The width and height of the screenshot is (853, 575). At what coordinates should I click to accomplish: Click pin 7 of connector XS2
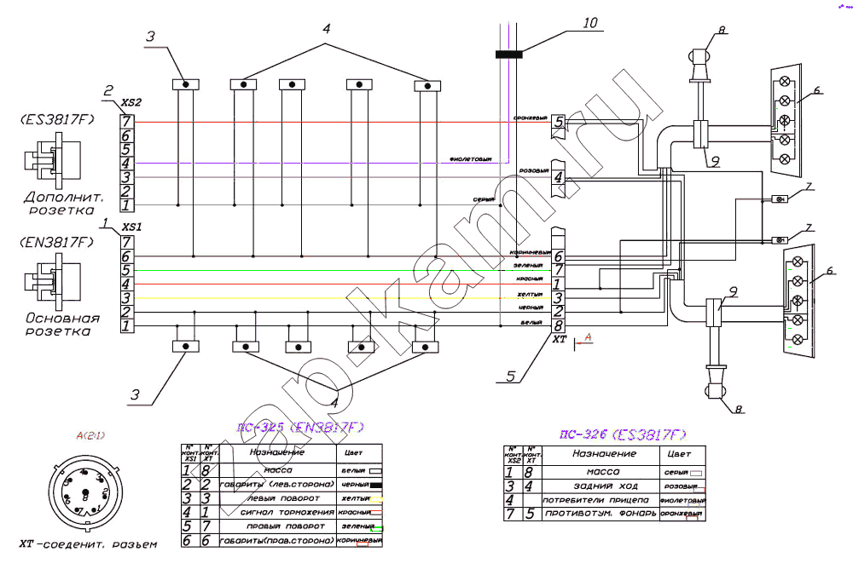[126, 122]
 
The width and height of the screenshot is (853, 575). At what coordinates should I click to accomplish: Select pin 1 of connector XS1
[126, 325]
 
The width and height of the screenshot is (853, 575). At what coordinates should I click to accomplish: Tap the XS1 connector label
[132, 227]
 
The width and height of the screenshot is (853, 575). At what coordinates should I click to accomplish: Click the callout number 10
[590, 23]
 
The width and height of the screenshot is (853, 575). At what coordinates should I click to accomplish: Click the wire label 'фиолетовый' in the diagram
[471, 158]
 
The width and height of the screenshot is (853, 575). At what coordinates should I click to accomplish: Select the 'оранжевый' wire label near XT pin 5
[530, 118]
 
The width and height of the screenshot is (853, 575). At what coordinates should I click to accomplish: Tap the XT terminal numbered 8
[558, 325]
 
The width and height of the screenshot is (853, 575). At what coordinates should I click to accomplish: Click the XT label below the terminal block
[560, 339]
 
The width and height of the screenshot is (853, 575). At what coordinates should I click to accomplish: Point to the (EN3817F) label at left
[56, 243]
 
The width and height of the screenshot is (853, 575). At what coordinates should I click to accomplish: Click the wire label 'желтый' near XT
[530, 296]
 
